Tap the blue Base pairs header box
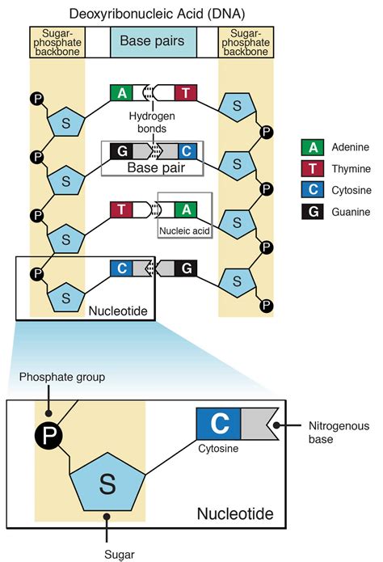tap(152, 40)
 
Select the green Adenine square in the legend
tap(312, 147)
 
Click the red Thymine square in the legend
tap(312, 168)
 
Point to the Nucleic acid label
tap(184, 229)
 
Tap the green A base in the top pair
tap(121, 92)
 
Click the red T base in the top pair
tap(185, 92)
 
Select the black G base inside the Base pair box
tap(121, 150)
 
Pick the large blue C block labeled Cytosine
tap(217, 423)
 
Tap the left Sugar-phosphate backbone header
tap(57, 40)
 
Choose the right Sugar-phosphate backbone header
tap(246, 40)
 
